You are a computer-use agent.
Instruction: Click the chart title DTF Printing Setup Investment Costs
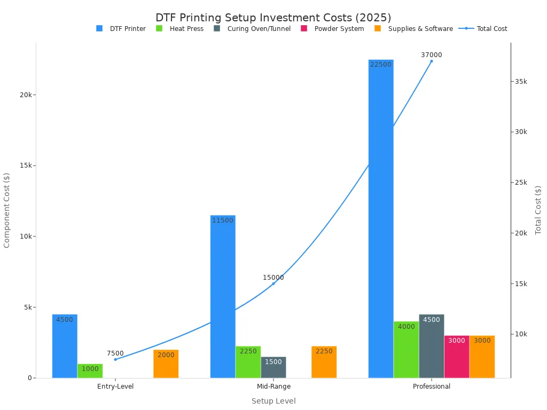(273, 18)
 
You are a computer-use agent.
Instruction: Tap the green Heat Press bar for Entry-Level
(90, 370)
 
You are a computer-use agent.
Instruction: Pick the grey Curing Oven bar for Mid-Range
(273, 367)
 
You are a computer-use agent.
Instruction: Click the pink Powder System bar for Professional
(457, 357)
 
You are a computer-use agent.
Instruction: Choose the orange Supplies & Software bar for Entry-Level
(166, 364)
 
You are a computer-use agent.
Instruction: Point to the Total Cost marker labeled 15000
(273, 283)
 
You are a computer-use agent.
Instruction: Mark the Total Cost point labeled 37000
(432, 61)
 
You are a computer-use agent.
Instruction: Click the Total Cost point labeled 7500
(115, 359)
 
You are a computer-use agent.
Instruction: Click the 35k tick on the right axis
(521, 81)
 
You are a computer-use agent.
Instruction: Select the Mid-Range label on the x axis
(273, 387)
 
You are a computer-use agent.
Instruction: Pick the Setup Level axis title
(273, 401)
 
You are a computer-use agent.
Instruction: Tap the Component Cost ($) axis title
(7, 210)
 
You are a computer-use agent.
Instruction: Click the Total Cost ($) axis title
(538, 210)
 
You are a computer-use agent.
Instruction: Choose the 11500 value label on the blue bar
(223, 220)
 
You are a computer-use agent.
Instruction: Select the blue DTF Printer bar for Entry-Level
(65, 346)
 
